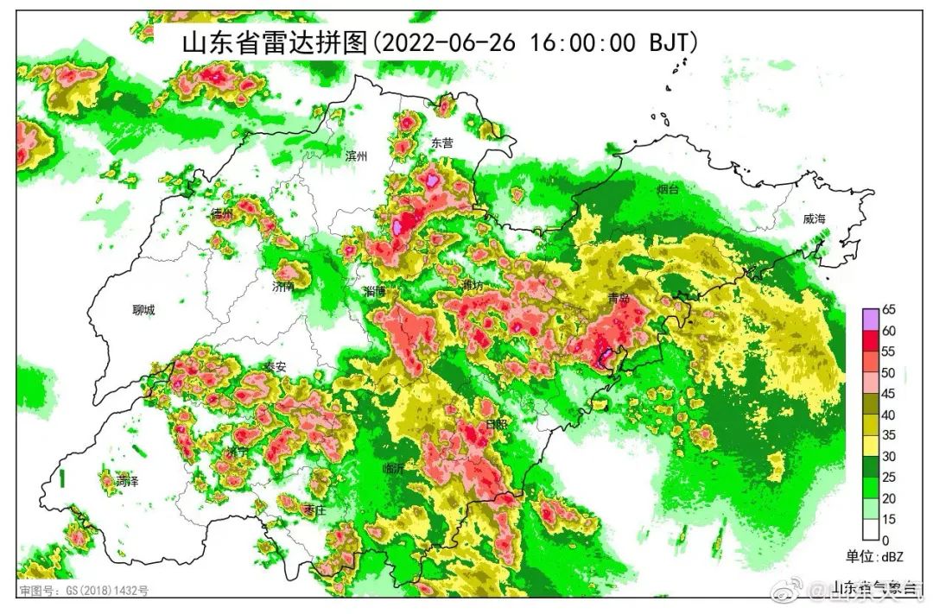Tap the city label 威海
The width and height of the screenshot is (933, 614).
pos(814,219)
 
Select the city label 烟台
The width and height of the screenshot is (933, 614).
pos(668,187)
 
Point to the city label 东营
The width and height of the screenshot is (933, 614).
pos(441,143)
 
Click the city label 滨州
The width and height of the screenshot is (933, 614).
pos(356,156)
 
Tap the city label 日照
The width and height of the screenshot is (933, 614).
pos(498,425)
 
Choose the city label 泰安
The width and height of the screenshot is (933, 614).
pos(275,367)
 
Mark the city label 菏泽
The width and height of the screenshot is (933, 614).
pos(127,481)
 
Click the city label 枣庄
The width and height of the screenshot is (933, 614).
pos(314,510)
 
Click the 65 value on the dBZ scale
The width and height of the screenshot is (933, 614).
pos(888,309)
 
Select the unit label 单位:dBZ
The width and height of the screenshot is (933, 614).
pos(873,557)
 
